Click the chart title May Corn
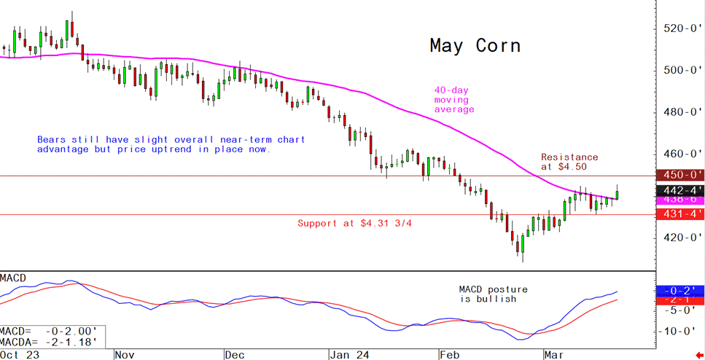(475, 46)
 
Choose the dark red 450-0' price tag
(679, 175)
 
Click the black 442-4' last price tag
(679, 188)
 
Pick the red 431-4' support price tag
(679, 214)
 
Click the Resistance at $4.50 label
(569, 162)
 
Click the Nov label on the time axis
(124, 355)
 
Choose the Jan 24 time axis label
(348, 355)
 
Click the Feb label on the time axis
(448, 355)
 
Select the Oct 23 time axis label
(20, 355)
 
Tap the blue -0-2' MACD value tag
(679, 290)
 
